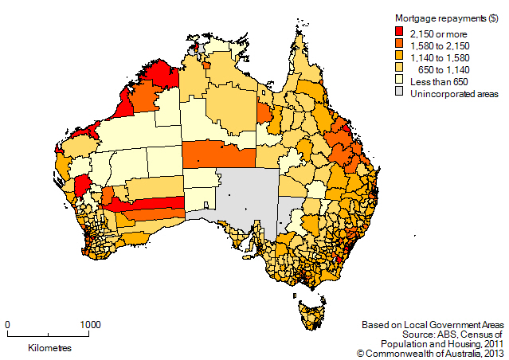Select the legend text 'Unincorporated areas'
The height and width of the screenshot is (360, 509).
pos(453,94)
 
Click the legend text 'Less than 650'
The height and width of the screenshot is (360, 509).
pos(439,81)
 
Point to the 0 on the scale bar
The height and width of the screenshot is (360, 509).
pos(7,325)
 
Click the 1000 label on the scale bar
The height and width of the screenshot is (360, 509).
pos(90,325)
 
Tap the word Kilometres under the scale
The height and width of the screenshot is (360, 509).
pos(49,349)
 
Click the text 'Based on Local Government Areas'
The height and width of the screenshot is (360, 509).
pos(433,325)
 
